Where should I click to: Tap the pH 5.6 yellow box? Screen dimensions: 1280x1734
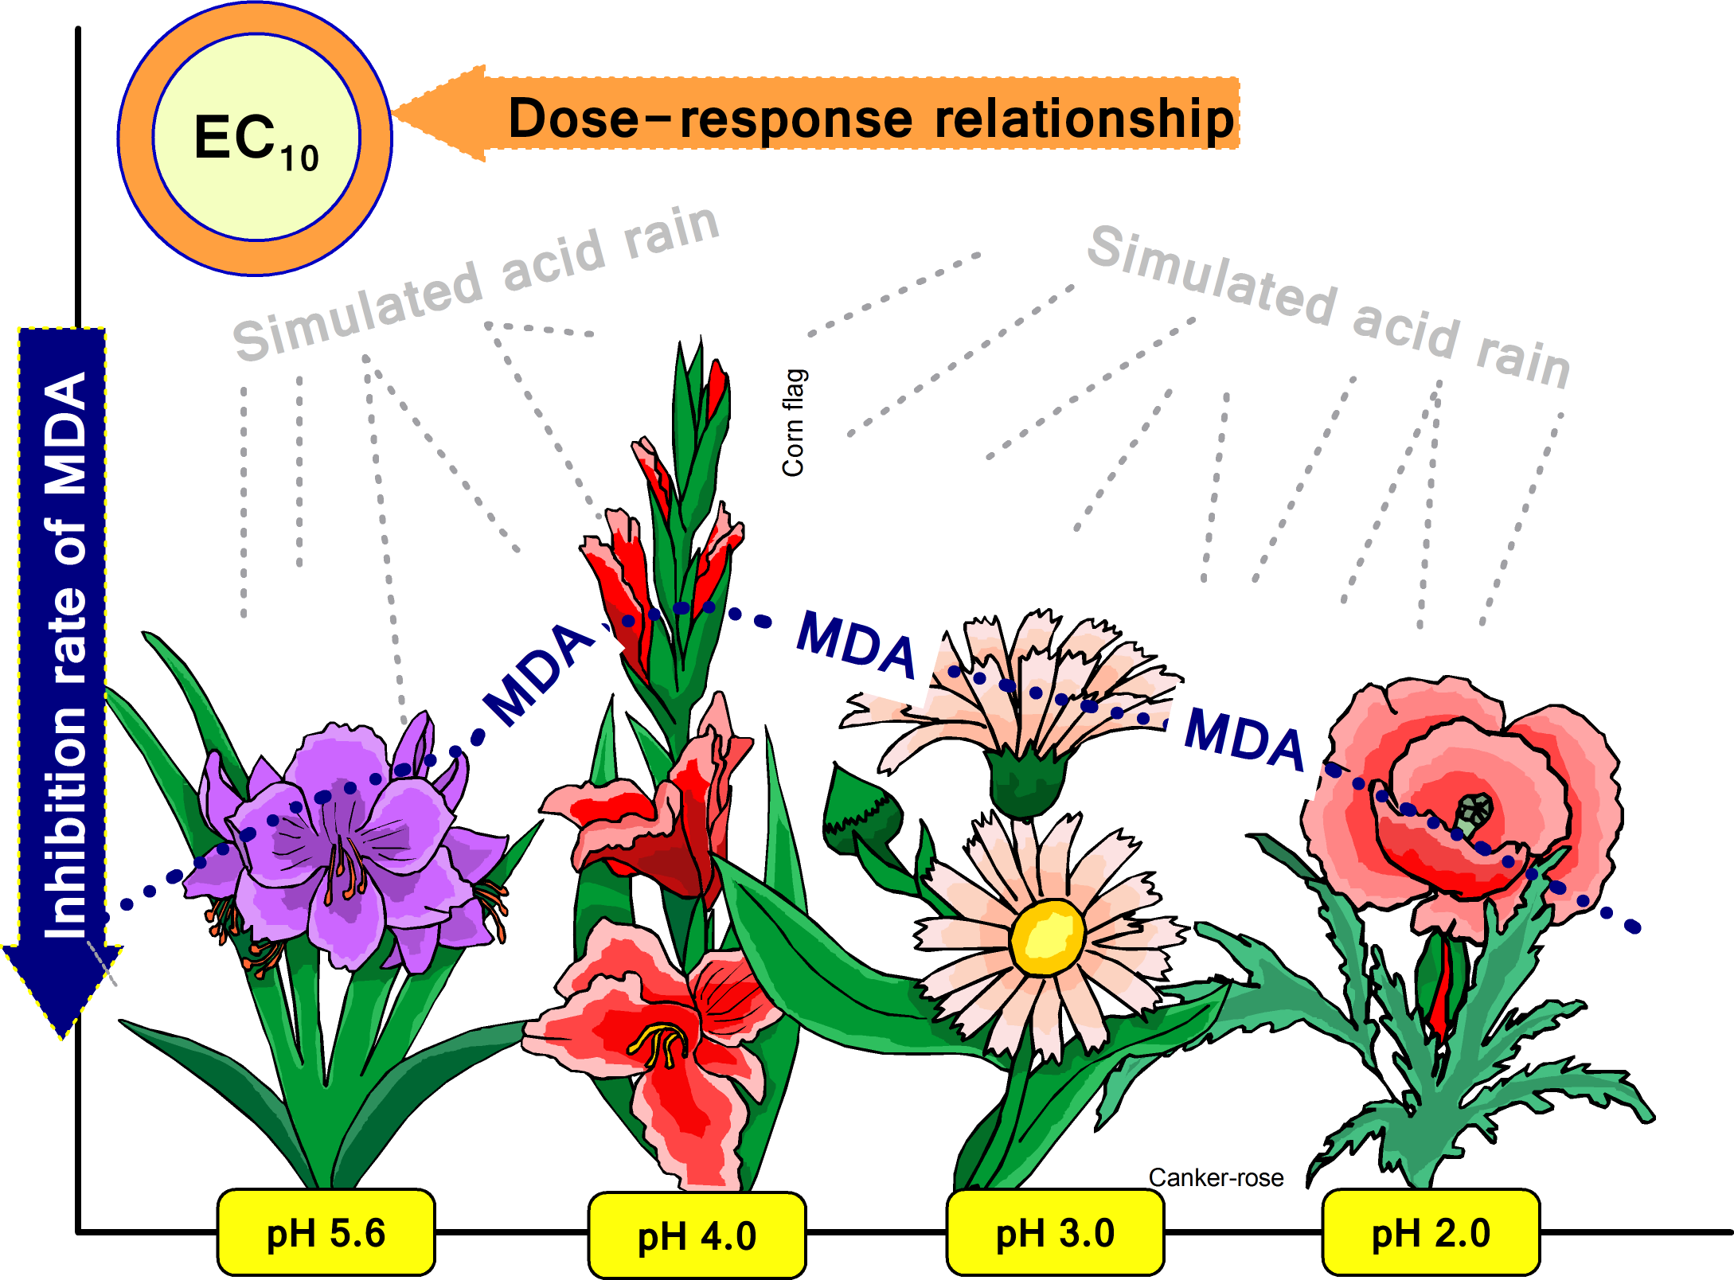click(326, 1233)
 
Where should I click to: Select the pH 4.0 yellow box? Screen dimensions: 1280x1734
click(697, 1236)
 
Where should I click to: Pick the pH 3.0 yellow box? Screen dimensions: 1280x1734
click(1055, 1233)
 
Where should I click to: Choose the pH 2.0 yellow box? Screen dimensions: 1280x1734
click(1431, 1233)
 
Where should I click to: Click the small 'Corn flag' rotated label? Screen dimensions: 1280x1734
click(794, 423)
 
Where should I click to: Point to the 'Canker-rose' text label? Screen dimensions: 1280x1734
click(1216, 1177)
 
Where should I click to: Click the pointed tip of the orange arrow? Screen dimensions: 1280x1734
click(398, 113)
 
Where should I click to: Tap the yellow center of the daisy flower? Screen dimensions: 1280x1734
click(1047, 937)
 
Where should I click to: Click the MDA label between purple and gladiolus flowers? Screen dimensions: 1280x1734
click(539, 673)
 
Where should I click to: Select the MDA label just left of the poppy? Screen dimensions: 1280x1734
click(1244, 740)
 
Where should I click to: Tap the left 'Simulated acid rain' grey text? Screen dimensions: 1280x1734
click(476, 283)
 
